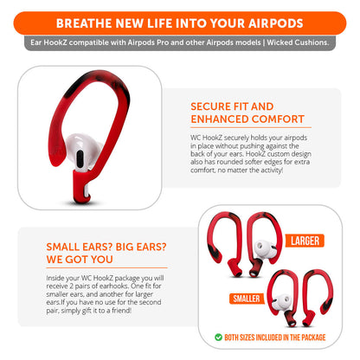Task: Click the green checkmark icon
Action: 218,337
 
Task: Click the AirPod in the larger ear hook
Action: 266,251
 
